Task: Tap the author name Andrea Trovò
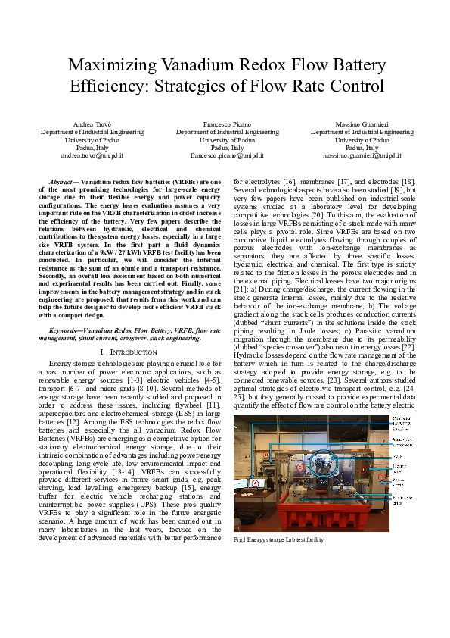coord(92,124)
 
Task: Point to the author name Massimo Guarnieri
coord(362,124)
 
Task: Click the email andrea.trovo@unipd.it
coord(92,155)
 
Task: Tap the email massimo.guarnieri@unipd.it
coord(362,155)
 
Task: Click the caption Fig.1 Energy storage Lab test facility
coord(278,539)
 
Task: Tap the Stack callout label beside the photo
coord(398,457)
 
